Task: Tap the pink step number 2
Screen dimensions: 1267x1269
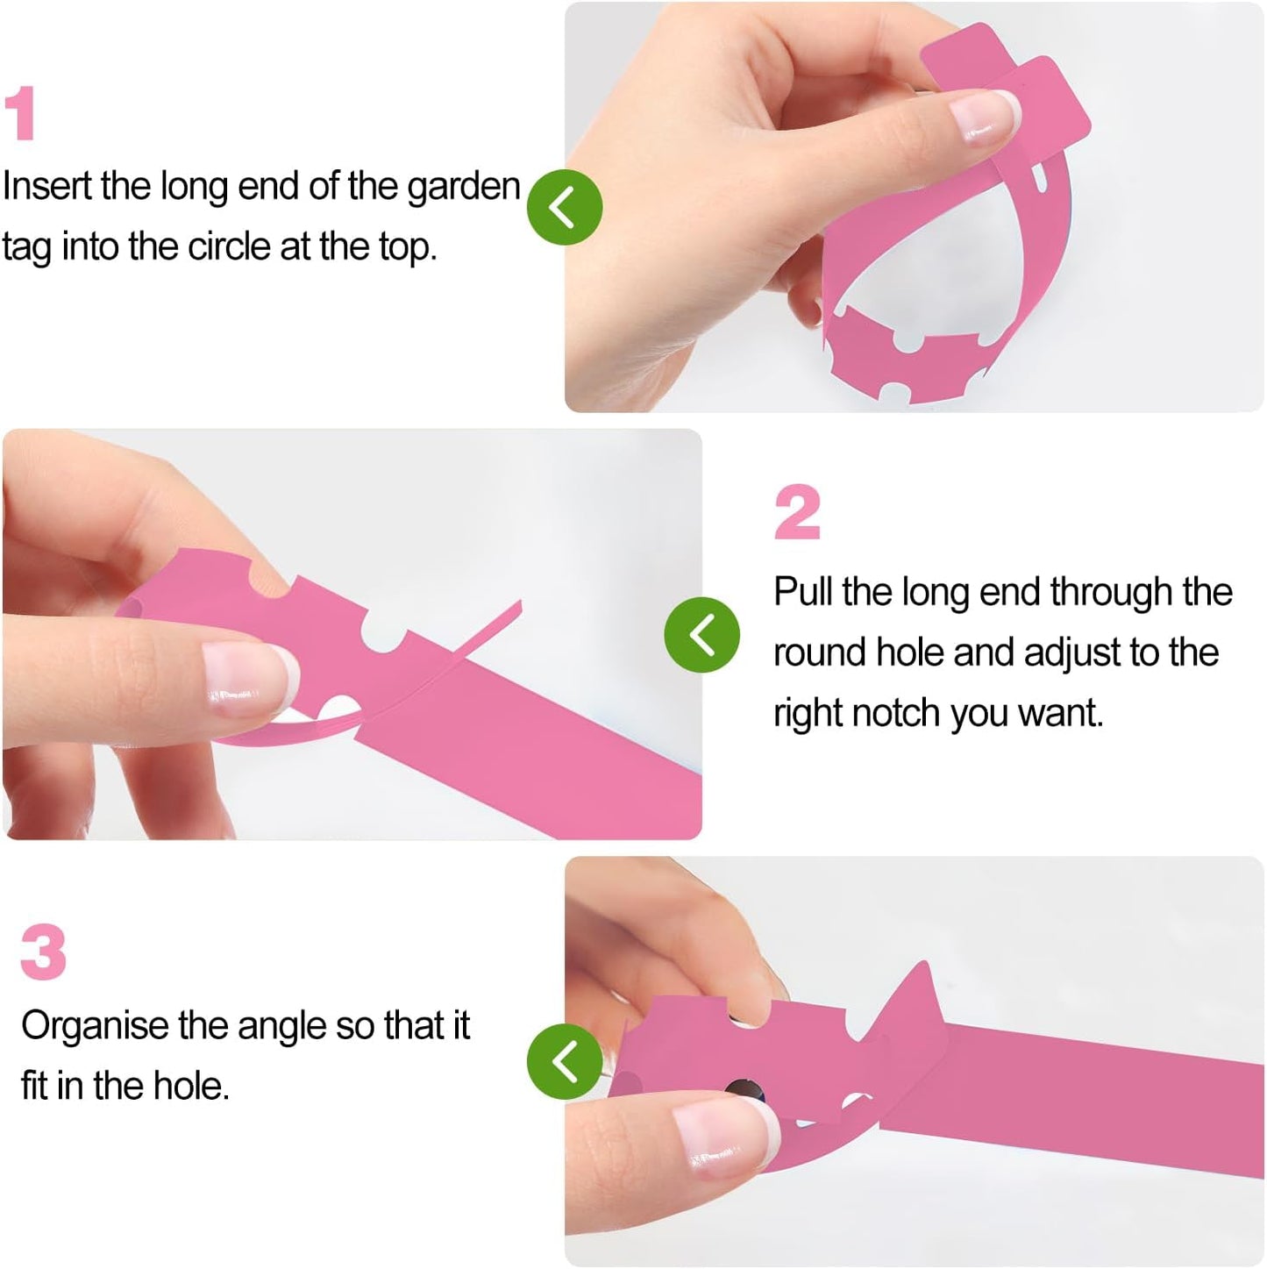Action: click(x=798, y=511)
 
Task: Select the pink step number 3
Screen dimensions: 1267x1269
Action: click(x=44, y=952)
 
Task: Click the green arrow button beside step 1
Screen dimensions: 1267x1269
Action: click(x=565, y=207)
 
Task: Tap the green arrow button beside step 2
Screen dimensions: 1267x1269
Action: click(x=702, y=634)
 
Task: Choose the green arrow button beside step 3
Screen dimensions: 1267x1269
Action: click(x=565, y=1061)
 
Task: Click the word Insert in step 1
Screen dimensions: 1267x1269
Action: click(x=47, y=186)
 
